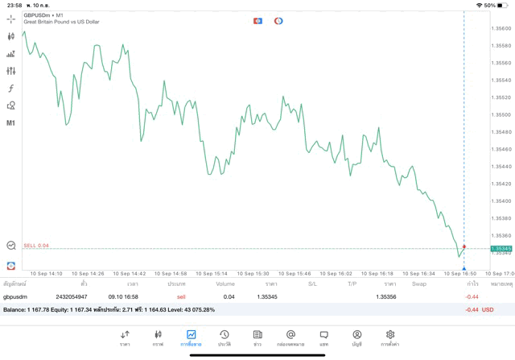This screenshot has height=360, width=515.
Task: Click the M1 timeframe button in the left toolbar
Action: (x=11, y=123)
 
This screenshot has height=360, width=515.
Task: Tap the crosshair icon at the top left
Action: (x=11, y=19)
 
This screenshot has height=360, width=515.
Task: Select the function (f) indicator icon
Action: (x=11, y=89)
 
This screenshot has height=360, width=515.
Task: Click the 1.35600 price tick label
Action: (x=501, y=28)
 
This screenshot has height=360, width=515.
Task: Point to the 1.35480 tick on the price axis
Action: (x=501, y=132)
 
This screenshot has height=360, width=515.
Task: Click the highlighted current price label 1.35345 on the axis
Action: (x=501, y=249)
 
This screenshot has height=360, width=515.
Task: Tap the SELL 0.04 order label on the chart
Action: (x=36, y=245)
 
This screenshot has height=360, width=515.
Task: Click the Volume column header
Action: (x=225, y=284)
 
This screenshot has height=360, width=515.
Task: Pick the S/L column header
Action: (x=312, y=284)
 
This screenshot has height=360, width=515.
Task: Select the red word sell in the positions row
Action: (x=181, y=297)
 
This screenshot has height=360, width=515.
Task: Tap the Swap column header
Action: (x=419, y=284)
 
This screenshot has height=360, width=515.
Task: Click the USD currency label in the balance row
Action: (x=487, y=309)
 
